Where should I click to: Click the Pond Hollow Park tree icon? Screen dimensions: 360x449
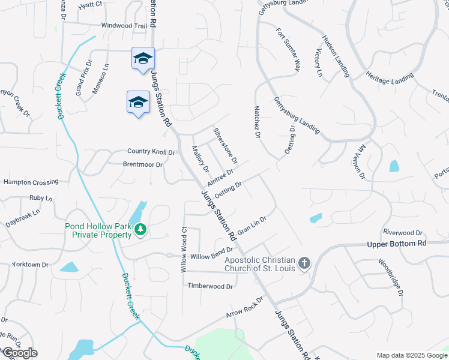point(140,230)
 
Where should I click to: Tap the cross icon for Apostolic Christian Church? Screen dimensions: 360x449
point(304,263)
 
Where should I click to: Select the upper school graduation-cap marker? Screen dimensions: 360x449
point(143,59)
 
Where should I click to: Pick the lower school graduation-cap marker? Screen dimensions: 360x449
point(138,102)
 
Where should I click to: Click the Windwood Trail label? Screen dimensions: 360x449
point(124,26)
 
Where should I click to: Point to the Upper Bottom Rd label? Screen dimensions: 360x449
point(396,244)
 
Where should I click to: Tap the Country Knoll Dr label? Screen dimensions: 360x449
point(151,152)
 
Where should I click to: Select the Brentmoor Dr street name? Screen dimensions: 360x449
point(143,164)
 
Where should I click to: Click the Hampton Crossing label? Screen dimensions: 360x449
point(31,182)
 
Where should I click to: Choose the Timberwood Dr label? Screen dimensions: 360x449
point(210,287)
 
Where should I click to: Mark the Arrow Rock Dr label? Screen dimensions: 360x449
point(245,306)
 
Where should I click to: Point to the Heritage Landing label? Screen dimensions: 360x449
point(390,77)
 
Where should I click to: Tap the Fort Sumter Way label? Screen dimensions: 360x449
point(288,50)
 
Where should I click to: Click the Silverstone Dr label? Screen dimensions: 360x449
point(226,145)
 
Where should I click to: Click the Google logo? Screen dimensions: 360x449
point(20,353)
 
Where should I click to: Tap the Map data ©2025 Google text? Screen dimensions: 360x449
point(411,355)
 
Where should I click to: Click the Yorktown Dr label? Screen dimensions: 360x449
point(29,265)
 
